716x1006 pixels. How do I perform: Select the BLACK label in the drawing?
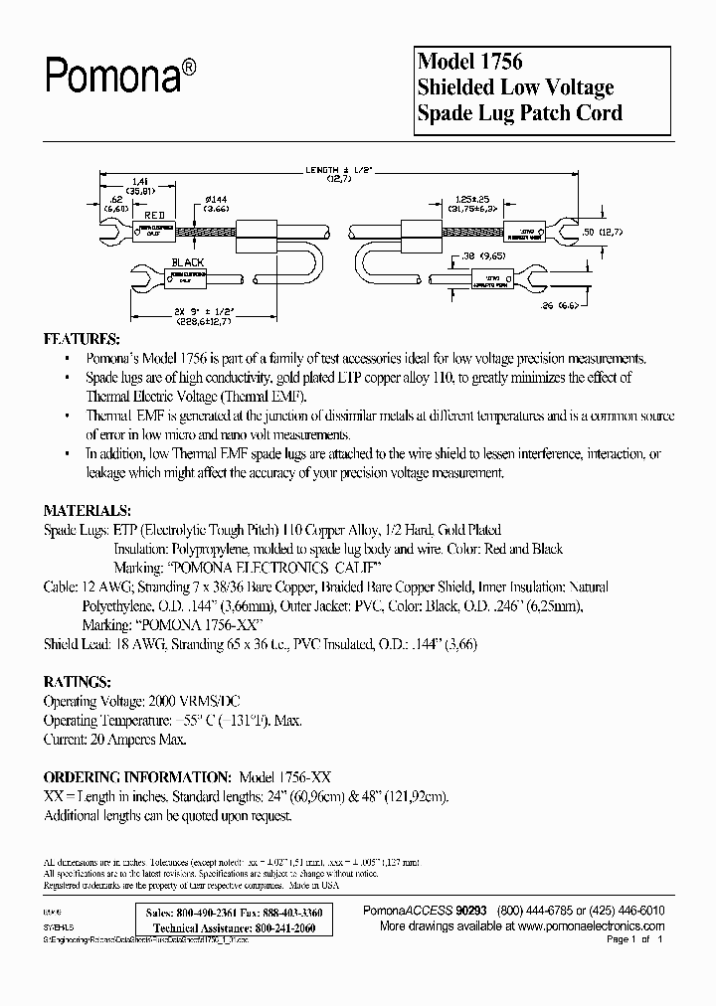[x=187, y=262]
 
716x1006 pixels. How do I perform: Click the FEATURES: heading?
[x=84, y=338]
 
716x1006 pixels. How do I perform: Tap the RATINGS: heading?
[x=78, y=683]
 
